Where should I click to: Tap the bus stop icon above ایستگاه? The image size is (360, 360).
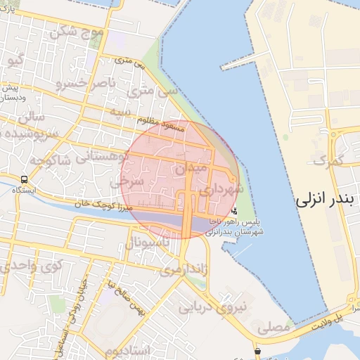[25, 179]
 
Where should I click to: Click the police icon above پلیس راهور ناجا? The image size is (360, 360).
[233, 210]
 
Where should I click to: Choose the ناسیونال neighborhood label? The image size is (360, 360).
[148, 243]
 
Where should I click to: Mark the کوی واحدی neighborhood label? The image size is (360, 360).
[30, 266]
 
